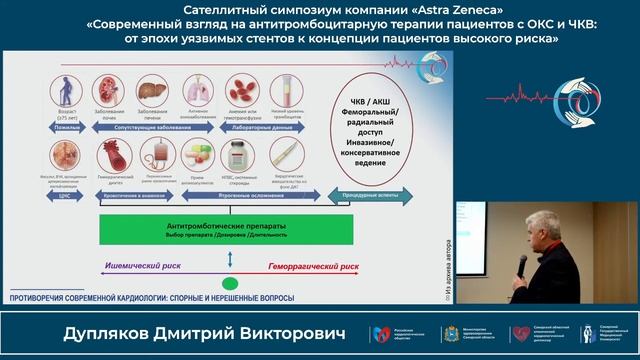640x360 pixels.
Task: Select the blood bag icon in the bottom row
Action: pos(158,154)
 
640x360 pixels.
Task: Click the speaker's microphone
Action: pos(521,264)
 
